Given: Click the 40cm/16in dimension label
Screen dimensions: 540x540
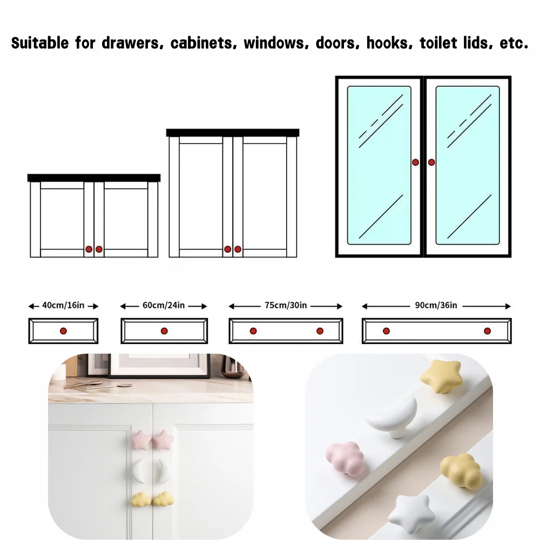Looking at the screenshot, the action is pos(63,305).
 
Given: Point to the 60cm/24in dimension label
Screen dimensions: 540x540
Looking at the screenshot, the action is pos(164,305).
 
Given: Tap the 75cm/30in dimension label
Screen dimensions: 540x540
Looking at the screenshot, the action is pos(286,305).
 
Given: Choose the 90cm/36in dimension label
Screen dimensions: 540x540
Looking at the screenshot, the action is pos(436,305).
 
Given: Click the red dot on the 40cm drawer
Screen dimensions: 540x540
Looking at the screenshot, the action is pos(63,331).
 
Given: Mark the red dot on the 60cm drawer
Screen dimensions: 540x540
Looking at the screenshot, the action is pos(164,331).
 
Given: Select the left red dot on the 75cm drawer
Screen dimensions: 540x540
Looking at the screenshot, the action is pos(253,331).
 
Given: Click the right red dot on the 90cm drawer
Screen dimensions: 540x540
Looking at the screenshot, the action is pos(487,331).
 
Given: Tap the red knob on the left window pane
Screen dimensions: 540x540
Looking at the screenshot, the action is pos(415,162).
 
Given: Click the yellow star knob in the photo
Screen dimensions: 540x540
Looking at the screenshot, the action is pos(441,376).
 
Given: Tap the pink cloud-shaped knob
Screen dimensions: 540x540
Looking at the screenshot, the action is pos(345,458).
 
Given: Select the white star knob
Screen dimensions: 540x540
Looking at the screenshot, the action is pos(409,514).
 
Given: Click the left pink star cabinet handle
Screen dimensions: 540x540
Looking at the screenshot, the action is pos(141,440).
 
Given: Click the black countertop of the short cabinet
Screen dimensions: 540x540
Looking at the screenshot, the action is pos(94,178).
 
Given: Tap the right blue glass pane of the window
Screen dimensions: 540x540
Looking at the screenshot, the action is pos(468,165).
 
